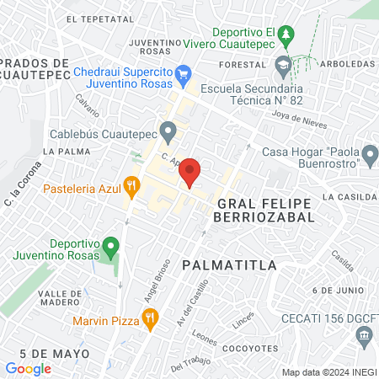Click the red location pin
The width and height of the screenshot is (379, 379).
tap(190, 171)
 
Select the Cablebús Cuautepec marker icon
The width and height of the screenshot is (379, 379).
tap(168, 131)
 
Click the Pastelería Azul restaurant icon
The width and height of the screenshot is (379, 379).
tap(131, 184)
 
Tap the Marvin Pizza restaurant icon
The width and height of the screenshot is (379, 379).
tap(151, 318)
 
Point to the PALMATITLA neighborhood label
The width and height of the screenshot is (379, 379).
tap(229, 265)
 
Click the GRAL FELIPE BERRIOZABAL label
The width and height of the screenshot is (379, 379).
tap(264, 210)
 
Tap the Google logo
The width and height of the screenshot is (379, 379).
tap(28, 368)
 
